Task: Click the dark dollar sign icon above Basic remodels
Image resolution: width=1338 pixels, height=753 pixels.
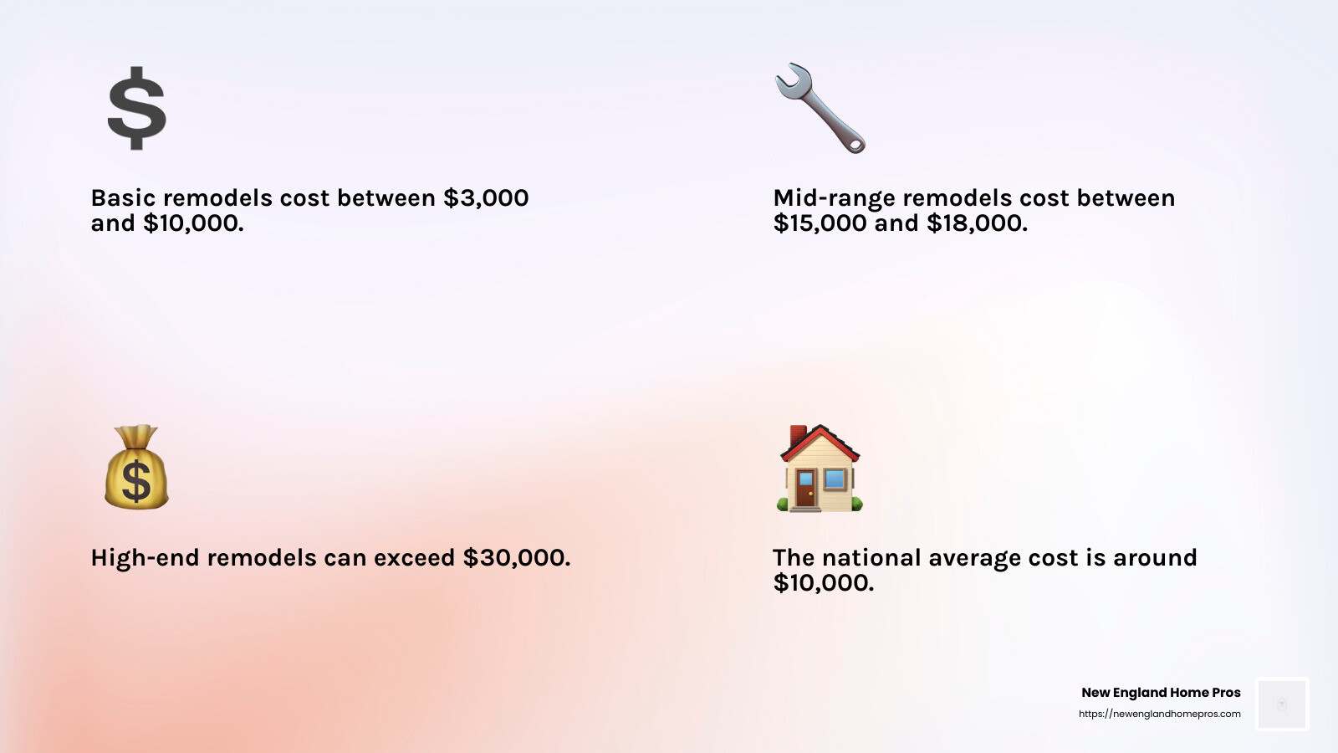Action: (137, 109)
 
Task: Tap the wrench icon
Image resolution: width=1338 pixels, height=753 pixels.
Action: (820, 108)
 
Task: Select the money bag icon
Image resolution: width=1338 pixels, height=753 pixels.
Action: (136, 468)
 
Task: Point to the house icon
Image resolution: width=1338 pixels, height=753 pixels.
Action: (820, 469)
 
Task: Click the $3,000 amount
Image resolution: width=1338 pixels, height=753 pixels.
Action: (486, 198)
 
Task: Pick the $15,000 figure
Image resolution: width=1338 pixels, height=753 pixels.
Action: (820, 223)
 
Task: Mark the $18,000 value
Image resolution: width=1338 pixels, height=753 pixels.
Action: (977, 223)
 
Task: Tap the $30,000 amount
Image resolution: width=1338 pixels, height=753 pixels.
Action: (516, 558)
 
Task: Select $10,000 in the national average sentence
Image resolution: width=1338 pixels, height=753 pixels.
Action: (823, 583)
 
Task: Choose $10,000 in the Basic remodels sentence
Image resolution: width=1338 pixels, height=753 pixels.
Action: (193, 223)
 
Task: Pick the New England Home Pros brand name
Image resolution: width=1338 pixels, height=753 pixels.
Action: (1161, 693)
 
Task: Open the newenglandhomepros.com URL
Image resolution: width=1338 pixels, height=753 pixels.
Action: (1159, 714)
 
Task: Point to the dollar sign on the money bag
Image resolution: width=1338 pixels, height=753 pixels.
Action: (136, 481)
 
